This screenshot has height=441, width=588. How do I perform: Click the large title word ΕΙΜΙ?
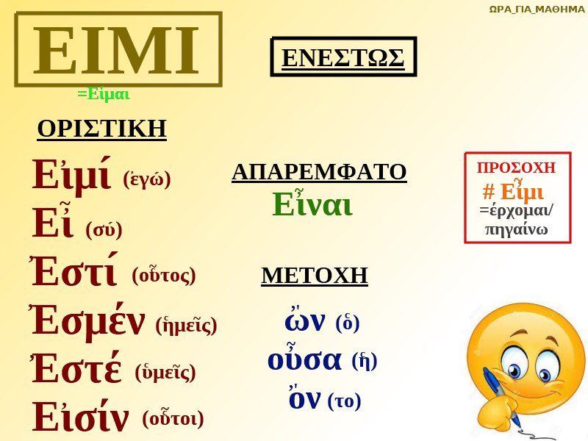point(116,50)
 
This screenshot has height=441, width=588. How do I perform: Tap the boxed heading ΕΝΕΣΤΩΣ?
point(343,58)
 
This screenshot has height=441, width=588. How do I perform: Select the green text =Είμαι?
point(104,94)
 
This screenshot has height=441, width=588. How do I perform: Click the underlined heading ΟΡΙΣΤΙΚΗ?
point(101,129)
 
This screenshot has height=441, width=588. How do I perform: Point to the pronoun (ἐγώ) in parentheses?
point(147,179)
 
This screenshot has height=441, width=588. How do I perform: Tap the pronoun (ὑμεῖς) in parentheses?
point(165,373)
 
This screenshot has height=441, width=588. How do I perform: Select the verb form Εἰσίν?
point(81,415)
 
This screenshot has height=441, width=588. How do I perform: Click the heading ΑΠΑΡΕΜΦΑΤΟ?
point(319,172)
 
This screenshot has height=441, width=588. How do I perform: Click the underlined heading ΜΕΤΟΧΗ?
point(315,276)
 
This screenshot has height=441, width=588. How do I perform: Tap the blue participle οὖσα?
point(304,358)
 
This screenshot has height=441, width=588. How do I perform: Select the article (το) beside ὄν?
point(344,401)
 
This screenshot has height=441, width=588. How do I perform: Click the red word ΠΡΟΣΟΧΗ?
point(516,168)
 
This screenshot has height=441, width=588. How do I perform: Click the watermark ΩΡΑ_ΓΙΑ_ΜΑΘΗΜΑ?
point(537,9)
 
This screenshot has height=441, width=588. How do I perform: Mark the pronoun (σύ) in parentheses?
point(104,230)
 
